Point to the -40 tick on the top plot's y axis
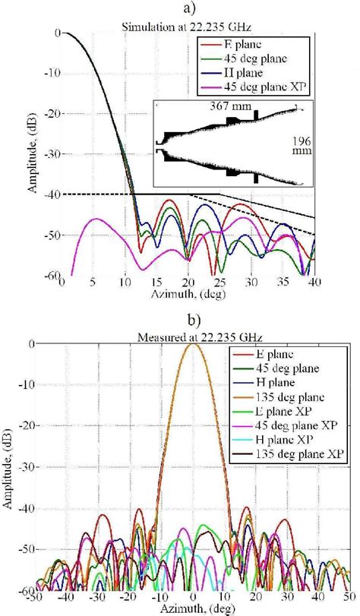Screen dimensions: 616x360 click(52, 194)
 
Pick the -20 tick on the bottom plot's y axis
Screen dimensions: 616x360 click(52, 426)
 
